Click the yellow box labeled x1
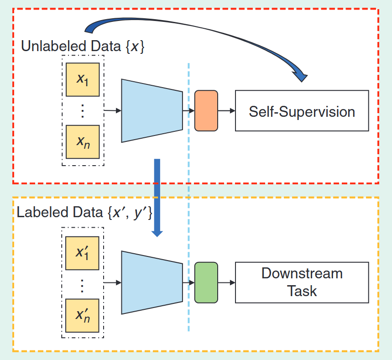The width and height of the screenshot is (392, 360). [x=83, y=79]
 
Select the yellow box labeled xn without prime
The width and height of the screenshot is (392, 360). [x=83, y=141]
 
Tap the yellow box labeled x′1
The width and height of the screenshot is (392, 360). [x=83, y=252]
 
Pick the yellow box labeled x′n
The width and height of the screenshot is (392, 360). [x=83, y=315]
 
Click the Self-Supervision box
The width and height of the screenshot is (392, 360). [x=302, y=111]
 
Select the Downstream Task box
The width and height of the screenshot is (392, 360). [x=302, y=282]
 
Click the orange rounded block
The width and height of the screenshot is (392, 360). [x=206, y=111]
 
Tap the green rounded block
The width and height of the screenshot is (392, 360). [x=206, y=282]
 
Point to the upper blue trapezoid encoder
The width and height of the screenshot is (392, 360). [x=152, y=111]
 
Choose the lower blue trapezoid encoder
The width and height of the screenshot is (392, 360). [x=152, y=282]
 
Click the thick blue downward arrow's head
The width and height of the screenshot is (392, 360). [x=157, y=232]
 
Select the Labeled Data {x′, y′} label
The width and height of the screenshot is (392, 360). [x=84, y=213]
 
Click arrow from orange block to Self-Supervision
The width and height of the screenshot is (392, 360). [x=227, y=111]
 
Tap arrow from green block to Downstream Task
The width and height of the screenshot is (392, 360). [x=227, y=283]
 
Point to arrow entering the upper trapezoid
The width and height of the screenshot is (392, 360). [x=113, y=110]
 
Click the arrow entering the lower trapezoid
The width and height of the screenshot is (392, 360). [x=113, y=283]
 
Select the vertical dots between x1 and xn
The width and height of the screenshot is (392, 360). [x=83, y=111]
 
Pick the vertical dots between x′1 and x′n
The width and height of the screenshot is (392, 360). [x=83, y=284]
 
